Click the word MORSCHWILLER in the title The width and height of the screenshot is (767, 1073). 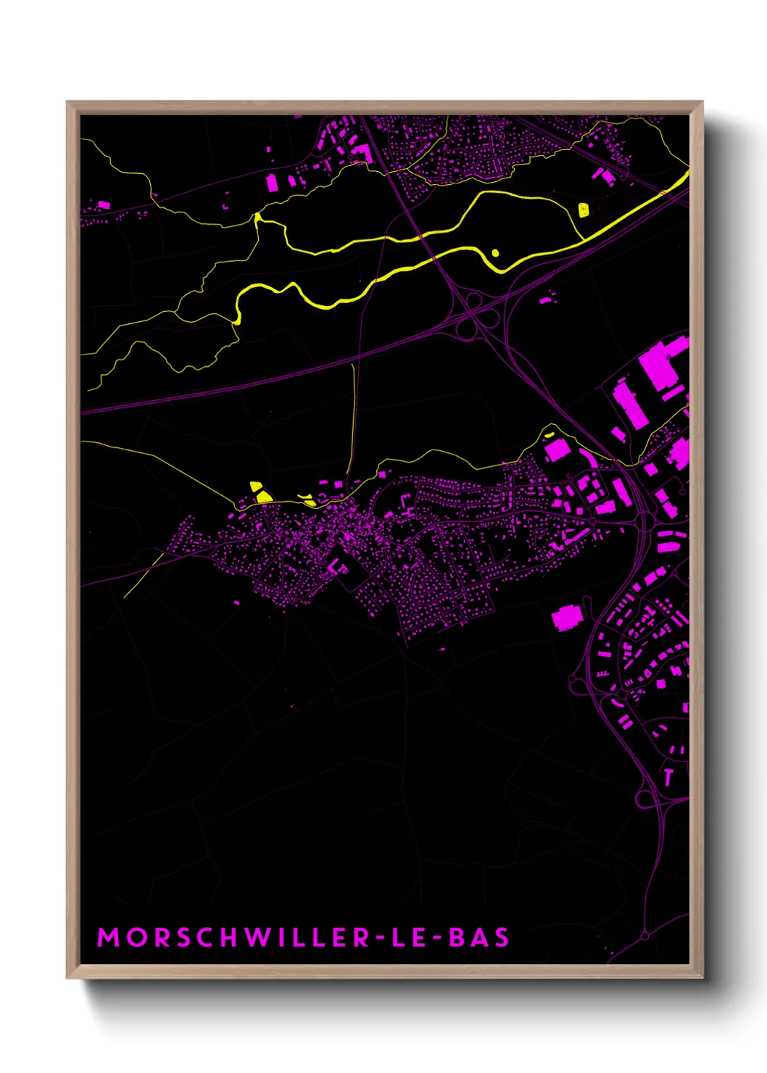coord(234,937)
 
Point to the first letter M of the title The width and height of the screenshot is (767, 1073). coord(107,937)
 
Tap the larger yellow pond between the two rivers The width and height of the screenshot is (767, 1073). coord(584,210)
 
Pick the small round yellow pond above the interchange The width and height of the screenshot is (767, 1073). coord(495,253)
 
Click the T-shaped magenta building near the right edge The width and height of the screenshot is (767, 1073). coord(668,776)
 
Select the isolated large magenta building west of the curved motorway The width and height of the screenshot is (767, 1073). coord(566,618)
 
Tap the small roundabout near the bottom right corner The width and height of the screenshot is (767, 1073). coord(644,936)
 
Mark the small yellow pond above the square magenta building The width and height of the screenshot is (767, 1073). coord(549,436)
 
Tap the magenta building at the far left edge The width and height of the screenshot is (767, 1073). coord(103,205)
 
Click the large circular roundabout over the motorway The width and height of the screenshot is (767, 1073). coord(644,798)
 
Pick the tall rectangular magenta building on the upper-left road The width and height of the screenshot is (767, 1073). coord(272,182)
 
